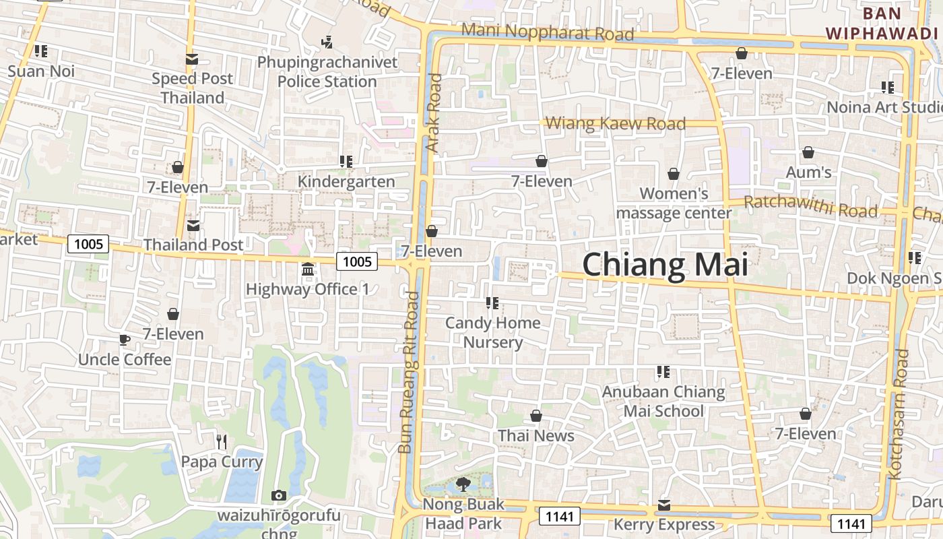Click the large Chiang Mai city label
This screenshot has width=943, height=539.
pyautogui.click(x=665, y=265)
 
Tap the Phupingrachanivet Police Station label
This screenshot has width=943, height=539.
pyautogui.click(x=327, y=72)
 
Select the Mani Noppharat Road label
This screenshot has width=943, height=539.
pyautogui.click(x=548, y=32)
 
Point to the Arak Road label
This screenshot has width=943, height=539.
pyautogui.click(x=434, y=112)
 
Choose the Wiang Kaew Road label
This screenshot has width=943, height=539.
pyautogui.click(x=616, y=123)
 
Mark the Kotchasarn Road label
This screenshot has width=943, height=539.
pyautogui.click(x=899, y=414)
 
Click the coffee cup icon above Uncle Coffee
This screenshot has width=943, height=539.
pyautogui.click(x=124, y=340)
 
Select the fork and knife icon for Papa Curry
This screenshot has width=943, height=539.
pyautogui.click(x=221, y=441)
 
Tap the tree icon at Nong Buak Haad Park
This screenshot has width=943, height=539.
pyautogui.click(x=463, y=484)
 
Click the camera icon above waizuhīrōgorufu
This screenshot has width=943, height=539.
pyautogui.click(x=278, y=496)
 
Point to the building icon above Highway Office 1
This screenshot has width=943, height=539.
pyautogui.click(x=308, y=269)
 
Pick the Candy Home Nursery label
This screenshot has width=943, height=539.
pyautogui.click(x=493, y=332)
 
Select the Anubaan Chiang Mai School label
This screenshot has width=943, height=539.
pyautogui.click(x=663, y=401)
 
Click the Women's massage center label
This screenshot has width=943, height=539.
pyautogui.click(x=674, y=203)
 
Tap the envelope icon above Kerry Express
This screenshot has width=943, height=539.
pyautogui.click(x=664, y=505)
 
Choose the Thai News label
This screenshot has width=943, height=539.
pyautogui.click(x=536, y=436)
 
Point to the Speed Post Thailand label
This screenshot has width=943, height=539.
pyautogui.click(x=192, y=88)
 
